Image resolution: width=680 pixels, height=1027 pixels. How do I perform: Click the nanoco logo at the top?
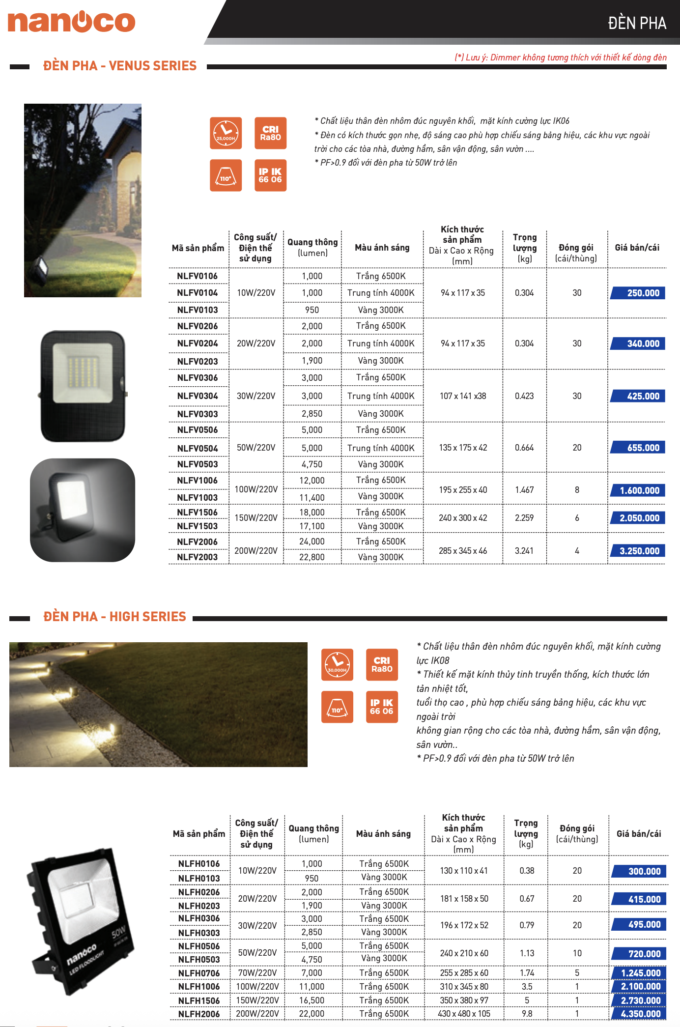pos(72,22)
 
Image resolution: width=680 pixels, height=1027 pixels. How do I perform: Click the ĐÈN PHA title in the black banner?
pos(637,23)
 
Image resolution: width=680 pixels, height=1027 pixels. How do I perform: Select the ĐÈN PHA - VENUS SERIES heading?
pos(120,66)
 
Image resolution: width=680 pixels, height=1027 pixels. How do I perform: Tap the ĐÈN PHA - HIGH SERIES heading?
pos(114,617)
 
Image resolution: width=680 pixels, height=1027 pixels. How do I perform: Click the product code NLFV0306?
pos(198,378)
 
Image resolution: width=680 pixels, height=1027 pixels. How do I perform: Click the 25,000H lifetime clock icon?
pos(226,133)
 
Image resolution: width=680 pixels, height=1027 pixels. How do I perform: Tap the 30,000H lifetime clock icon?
pos(337,665)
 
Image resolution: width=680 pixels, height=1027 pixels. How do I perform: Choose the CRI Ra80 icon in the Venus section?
pos(270,133)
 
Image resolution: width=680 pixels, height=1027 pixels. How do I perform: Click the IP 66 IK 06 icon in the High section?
pos(382,707)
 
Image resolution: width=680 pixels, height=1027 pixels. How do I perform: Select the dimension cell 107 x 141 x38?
pos(463,396)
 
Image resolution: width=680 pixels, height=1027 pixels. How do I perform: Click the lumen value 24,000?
pos(312,542)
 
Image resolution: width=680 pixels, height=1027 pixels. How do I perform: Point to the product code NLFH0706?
pos(199,973)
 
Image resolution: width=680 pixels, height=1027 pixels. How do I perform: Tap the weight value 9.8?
pos(527,1014)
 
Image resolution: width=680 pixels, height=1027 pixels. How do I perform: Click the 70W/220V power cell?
pos(257,973)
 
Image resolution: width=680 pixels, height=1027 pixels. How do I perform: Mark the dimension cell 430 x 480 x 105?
pos(464,1014)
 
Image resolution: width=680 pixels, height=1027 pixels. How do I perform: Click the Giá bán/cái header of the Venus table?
pos(637,248)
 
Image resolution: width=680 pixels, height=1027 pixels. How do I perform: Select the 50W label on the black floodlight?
pos(118,932)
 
